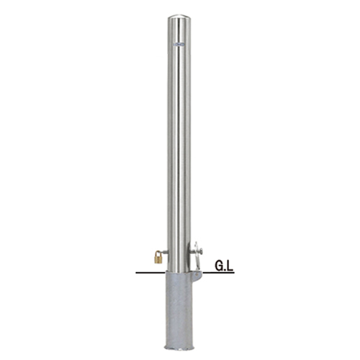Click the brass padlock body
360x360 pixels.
point(158,259)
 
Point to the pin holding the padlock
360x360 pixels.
point(164,251)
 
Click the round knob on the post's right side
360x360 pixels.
point(201,251)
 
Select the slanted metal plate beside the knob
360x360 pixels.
point(197,257)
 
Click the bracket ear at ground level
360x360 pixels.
point(197,276)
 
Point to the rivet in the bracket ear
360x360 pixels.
point(197,274)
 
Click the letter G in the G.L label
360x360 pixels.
point(219,266)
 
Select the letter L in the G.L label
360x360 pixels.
point(230,266)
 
